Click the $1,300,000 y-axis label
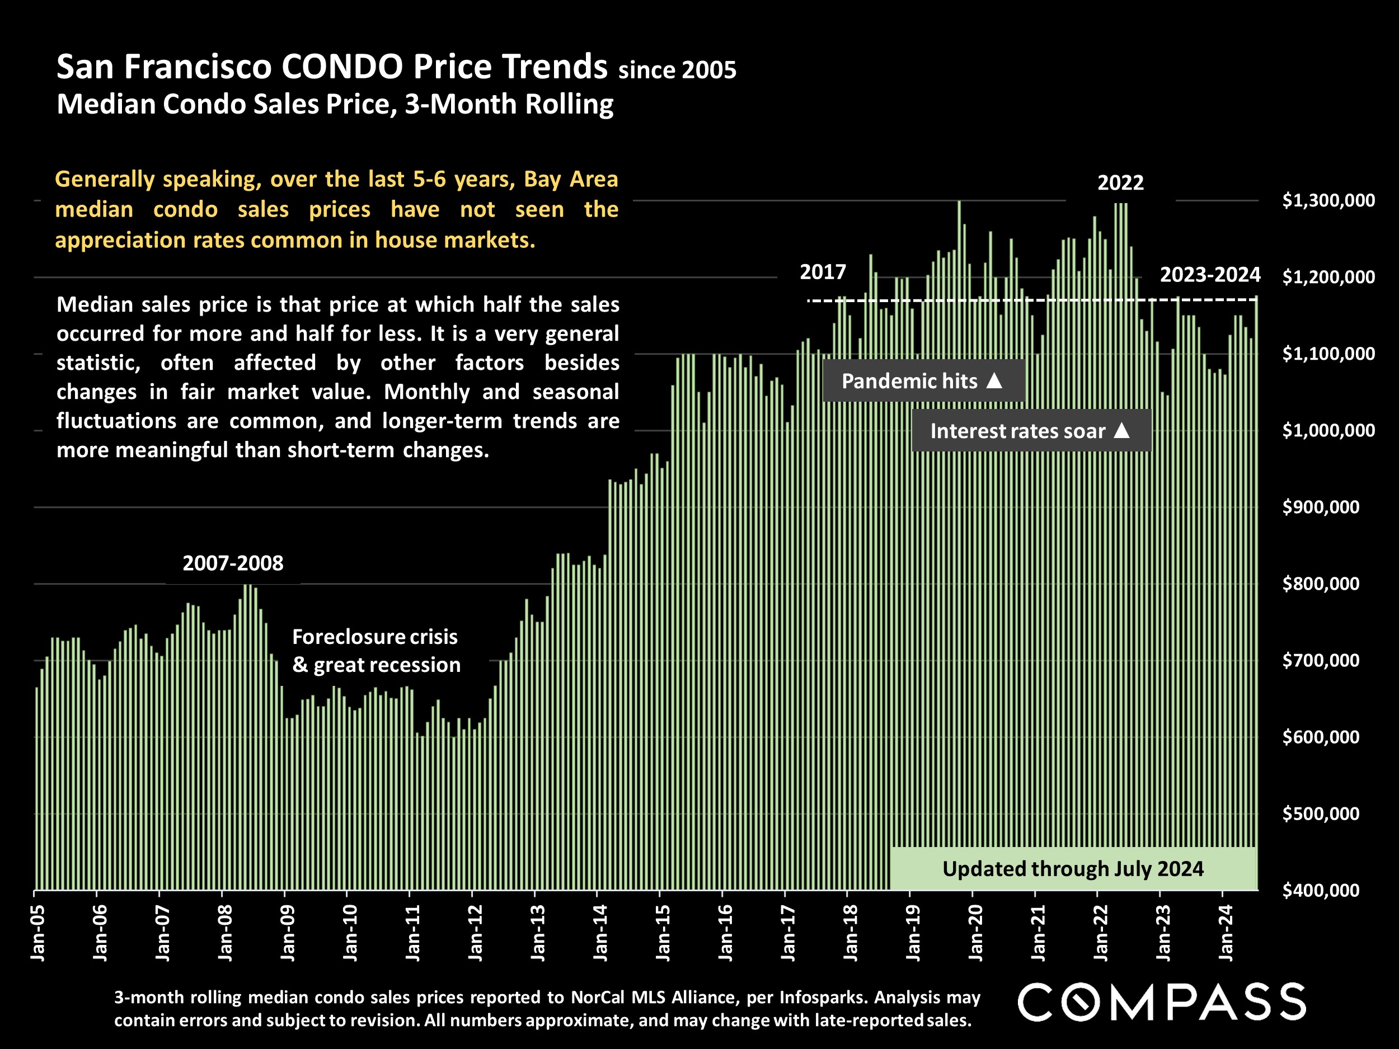(1328, 200)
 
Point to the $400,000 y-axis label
(1321, 890)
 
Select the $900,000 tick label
(1321, 507)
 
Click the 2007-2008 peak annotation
(233, 563)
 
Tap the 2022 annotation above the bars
(1120, 183)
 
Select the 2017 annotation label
(822, 272)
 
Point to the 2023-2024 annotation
(1209, 275)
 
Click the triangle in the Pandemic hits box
(994, 380)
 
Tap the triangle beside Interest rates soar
(1121, 431)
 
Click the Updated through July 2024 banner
(1073, 869)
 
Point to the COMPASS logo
(1161, 1002)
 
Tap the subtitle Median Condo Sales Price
(335, 104)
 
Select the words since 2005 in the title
(677, 70)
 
